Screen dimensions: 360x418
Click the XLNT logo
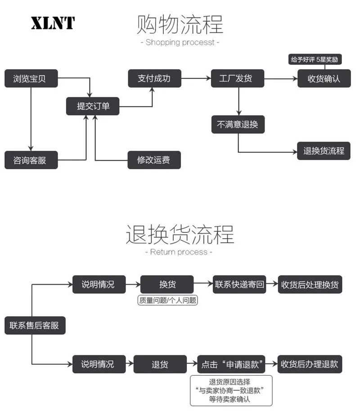coord(53,23)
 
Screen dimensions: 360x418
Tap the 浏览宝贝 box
coord(31,78)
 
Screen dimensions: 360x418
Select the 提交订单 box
coord(93,106)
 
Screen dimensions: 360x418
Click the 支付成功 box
coord(155,78)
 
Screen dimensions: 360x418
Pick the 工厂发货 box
coord(238,78)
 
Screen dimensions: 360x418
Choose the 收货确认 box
coord(324,78)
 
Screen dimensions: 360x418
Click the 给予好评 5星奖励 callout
coord(315,59)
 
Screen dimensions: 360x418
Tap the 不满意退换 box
coord(238,124)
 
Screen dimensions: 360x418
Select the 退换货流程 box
coord(324,151)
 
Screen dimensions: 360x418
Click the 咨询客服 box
coord(31,160)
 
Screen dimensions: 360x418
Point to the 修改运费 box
coord(154,160)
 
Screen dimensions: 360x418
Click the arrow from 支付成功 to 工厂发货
coord(196,78)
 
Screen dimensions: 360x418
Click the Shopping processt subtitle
coord(180,42)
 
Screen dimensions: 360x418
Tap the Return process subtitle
coord(179,252)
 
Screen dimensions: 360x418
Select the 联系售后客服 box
coord(35,325)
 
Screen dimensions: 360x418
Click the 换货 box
coord(167,284)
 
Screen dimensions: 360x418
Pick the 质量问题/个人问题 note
coord(168,300)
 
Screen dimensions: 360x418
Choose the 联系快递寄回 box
coord(239,284)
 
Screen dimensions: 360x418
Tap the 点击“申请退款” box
coord(231,364)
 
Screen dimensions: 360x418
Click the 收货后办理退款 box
coord(310,364)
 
